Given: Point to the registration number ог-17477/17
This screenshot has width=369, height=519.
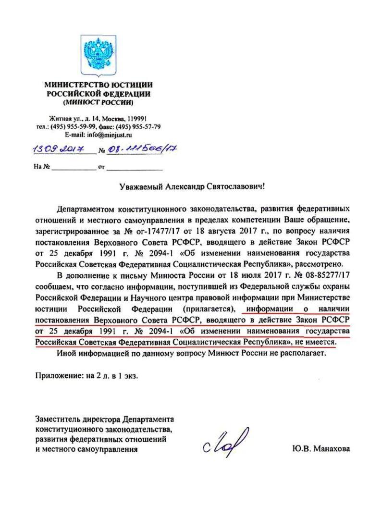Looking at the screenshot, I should pos(147,232).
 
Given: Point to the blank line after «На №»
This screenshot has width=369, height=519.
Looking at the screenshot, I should pos(74,168).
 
